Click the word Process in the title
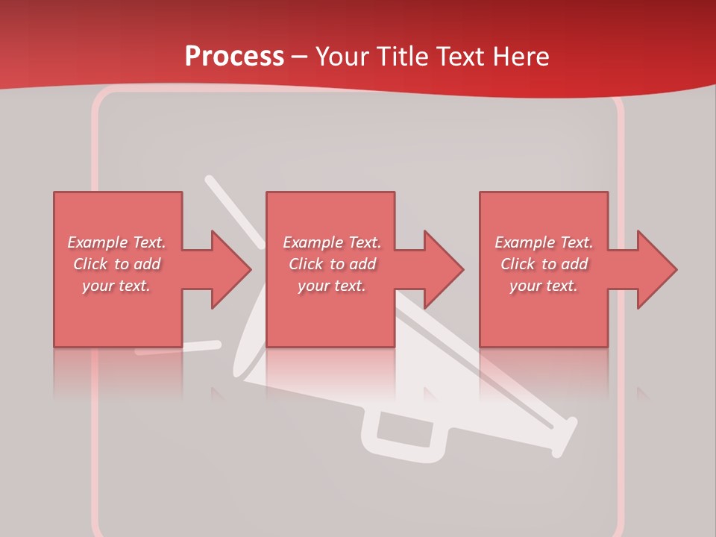(x=234, y=57)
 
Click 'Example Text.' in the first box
(x=116, y=242)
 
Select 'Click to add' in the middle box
(x=332, y=264)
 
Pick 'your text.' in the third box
(x=543, y=286)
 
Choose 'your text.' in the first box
(x=116, y=286)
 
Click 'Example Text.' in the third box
(x=544, y=242)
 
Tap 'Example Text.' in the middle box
(x=332, y=242)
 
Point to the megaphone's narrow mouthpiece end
(x=564, y=436)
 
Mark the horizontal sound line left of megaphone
(x=179, y=348)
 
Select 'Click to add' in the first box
(x=116, y=264)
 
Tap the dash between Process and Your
(x=300, y=57)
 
